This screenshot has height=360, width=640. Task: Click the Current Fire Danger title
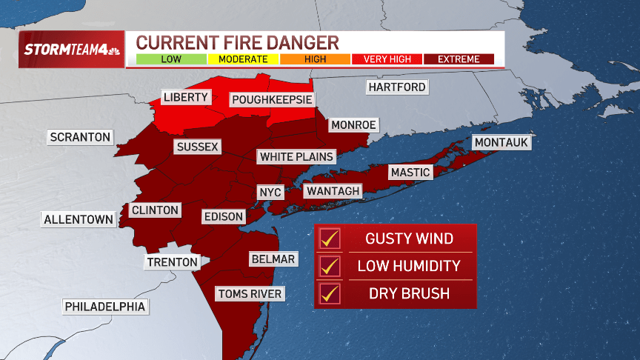tap(237, 42)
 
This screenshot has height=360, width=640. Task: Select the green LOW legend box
tap(171, 59)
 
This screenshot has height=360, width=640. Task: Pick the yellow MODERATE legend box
tap(243, 59)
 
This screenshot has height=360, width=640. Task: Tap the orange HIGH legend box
tap(315, 59)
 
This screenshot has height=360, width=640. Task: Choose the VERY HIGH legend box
tap(387, 59)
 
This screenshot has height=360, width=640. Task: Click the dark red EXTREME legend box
tap(459, 59)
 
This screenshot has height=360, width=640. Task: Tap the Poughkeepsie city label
tap(272, 99)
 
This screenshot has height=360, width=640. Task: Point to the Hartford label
tap(397, 87)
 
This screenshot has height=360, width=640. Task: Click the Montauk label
tap(502, 142)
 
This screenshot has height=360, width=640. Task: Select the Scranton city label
tap(80, 137)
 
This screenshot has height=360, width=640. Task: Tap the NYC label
tap(270, 192)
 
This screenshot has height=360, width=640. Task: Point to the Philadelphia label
tap(105, 306)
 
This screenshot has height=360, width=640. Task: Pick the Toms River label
tap(250, 294)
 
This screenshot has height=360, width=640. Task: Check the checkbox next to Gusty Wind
tap(329, 239)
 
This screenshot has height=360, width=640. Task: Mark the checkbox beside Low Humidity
tap(329, 266)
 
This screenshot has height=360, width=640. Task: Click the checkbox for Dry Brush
tap(329, 293)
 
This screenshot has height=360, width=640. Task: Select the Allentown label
tap(79, 219)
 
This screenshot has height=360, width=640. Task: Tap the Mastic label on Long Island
tap(410, 173)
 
